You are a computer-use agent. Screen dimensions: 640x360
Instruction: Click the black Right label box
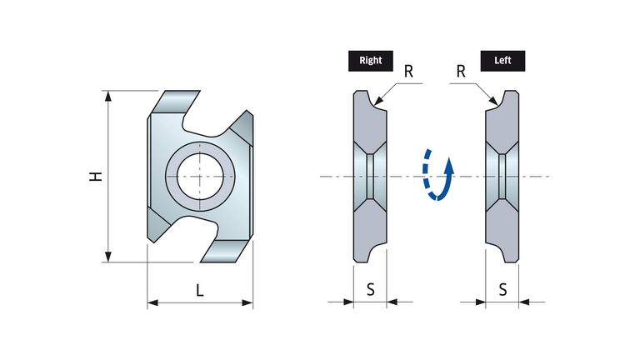point(371,61)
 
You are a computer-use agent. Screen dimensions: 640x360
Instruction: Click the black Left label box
point(502,61)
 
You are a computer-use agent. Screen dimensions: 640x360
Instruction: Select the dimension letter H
point(96,177)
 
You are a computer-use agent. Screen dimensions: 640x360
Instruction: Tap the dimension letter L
point(200,290)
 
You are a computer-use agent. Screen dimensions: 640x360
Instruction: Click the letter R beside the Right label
point(408,72)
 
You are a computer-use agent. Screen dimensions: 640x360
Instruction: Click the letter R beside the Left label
point(461,72)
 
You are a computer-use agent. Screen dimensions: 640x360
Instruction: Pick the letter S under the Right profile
point(370,289)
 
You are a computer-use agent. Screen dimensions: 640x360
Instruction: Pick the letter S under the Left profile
point(502,289)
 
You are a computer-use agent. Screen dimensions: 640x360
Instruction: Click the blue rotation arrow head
point(449,164)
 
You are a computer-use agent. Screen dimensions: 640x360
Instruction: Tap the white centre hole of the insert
point(200,177)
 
